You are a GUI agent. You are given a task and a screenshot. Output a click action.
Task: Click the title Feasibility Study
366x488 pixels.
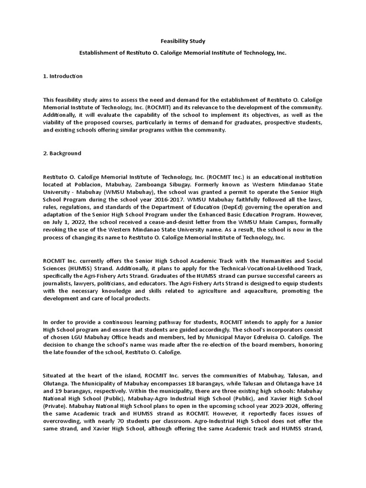[183, 41]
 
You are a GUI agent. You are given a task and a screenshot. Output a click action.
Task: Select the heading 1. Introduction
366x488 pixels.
[62, 76]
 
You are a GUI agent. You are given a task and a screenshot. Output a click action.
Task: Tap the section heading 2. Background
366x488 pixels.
[62, 153]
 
